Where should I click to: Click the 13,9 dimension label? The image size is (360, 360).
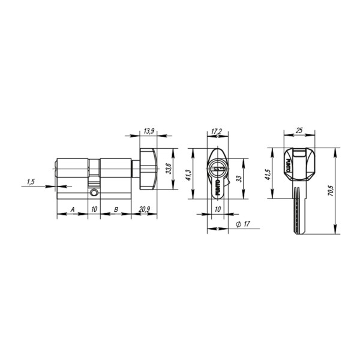[x=149, y=131]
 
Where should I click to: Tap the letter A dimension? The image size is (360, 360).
[x=72, y=209]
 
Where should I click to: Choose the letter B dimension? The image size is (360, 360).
[x=116, y=209]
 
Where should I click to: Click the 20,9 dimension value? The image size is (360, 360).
[x=144, y=209]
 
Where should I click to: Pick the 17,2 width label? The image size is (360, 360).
[x=217, y=131]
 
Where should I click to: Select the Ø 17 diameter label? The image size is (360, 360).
[x=243, y=224]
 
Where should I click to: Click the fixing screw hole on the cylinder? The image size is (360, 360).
[x=94, y=194]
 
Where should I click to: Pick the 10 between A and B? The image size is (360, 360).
[x=94, y=209]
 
